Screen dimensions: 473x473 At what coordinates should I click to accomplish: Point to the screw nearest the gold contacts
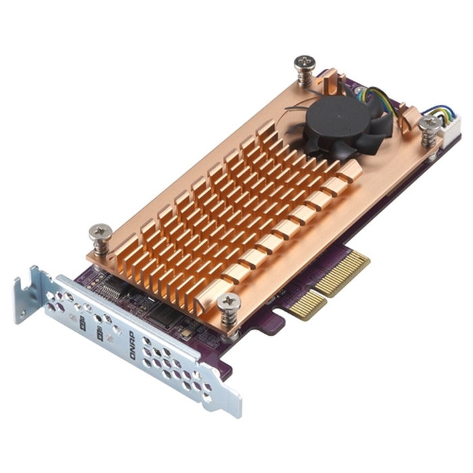point(228,302)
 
